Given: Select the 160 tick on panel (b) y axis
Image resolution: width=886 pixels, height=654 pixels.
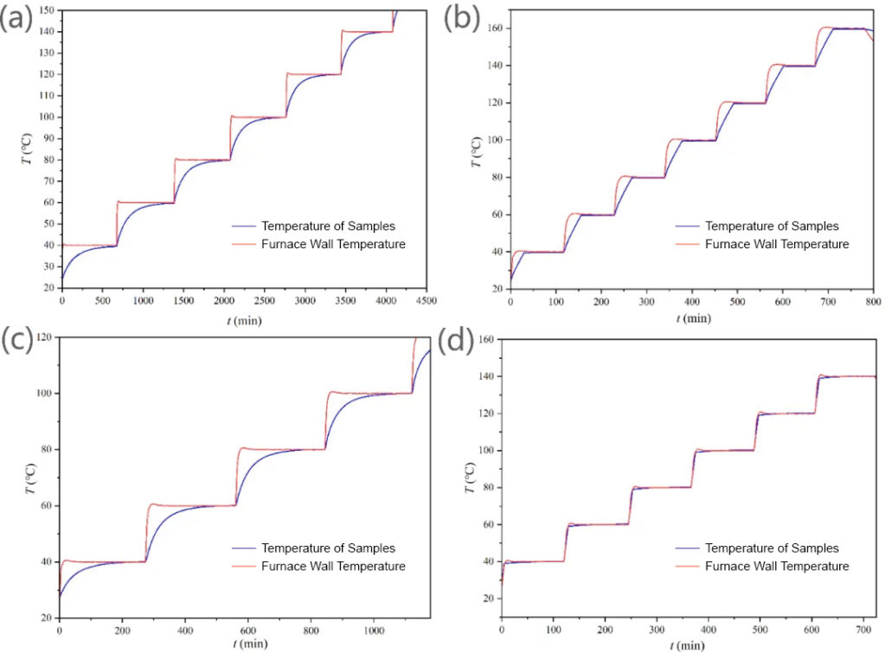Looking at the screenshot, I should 491,29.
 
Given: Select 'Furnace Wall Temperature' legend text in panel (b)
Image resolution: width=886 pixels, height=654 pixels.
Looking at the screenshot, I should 776,244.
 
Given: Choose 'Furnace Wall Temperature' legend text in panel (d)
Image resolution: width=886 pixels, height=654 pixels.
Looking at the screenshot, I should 776,566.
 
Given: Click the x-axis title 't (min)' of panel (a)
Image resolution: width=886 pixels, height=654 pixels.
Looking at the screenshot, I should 241,320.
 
